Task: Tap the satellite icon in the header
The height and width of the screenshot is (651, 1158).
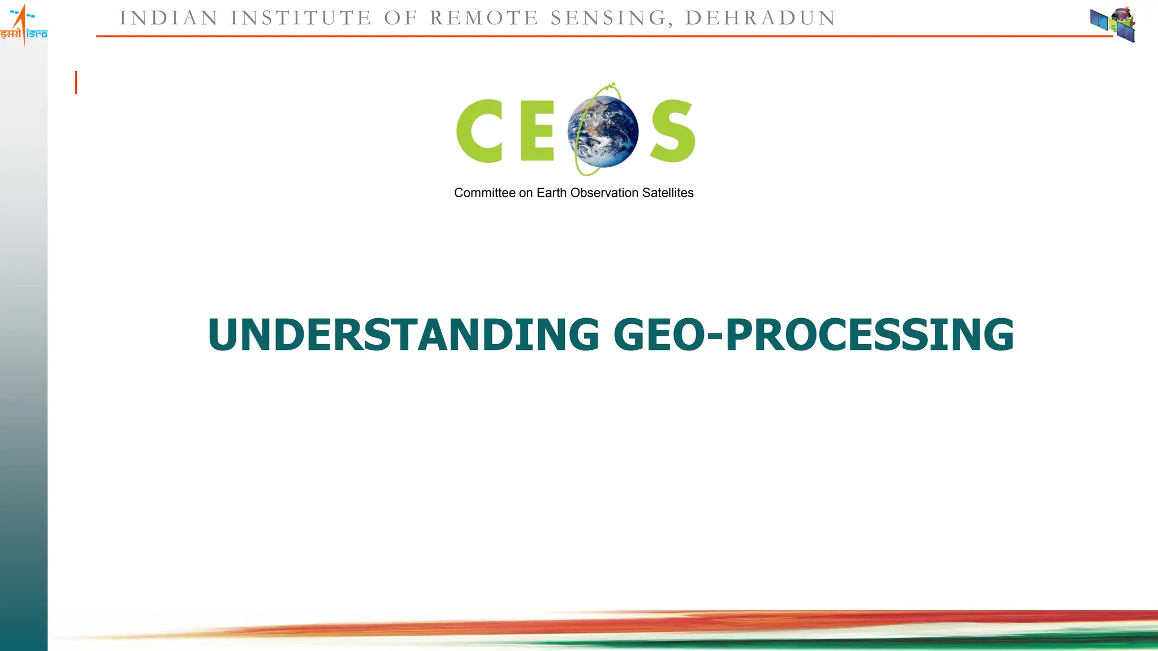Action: click(x=1113, y=24)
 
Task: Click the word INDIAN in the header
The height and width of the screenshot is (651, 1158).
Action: click(x=168, y=18)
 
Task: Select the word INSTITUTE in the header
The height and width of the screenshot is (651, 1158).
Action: click(x=301, y=18)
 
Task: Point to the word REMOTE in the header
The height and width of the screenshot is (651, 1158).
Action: click(x=483, y=18)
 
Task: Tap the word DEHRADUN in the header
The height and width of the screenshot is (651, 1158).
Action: click(x=760, y=18)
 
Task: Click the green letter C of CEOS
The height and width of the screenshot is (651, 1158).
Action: click(x=480, y=131)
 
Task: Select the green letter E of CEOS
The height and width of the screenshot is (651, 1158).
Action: click(x=537, y=131)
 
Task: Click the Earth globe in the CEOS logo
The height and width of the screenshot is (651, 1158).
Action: click(x=603, y=132)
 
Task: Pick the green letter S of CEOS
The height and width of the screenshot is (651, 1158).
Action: click(x=672, y=131)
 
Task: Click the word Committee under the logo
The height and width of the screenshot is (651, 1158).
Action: click(x=485, y=193)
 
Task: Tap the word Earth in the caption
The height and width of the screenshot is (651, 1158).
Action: click(x=552, y=193)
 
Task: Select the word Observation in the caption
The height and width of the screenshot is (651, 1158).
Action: click(x=604, y=193)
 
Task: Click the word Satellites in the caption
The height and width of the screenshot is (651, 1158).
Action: click(x=668, y=193)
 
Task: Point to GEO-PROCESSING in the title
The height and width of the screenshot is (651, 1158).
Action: click(x=814, y=335)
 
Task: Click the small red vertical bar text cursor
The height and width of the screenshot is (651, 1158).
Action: click(x=76, y=83)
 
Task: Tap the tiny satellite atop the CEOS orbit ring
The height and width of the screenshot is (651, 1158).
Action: click(x=611, y=86)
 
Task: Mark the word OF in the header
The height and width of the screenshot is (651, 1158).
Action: click(x=400, y=18)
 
